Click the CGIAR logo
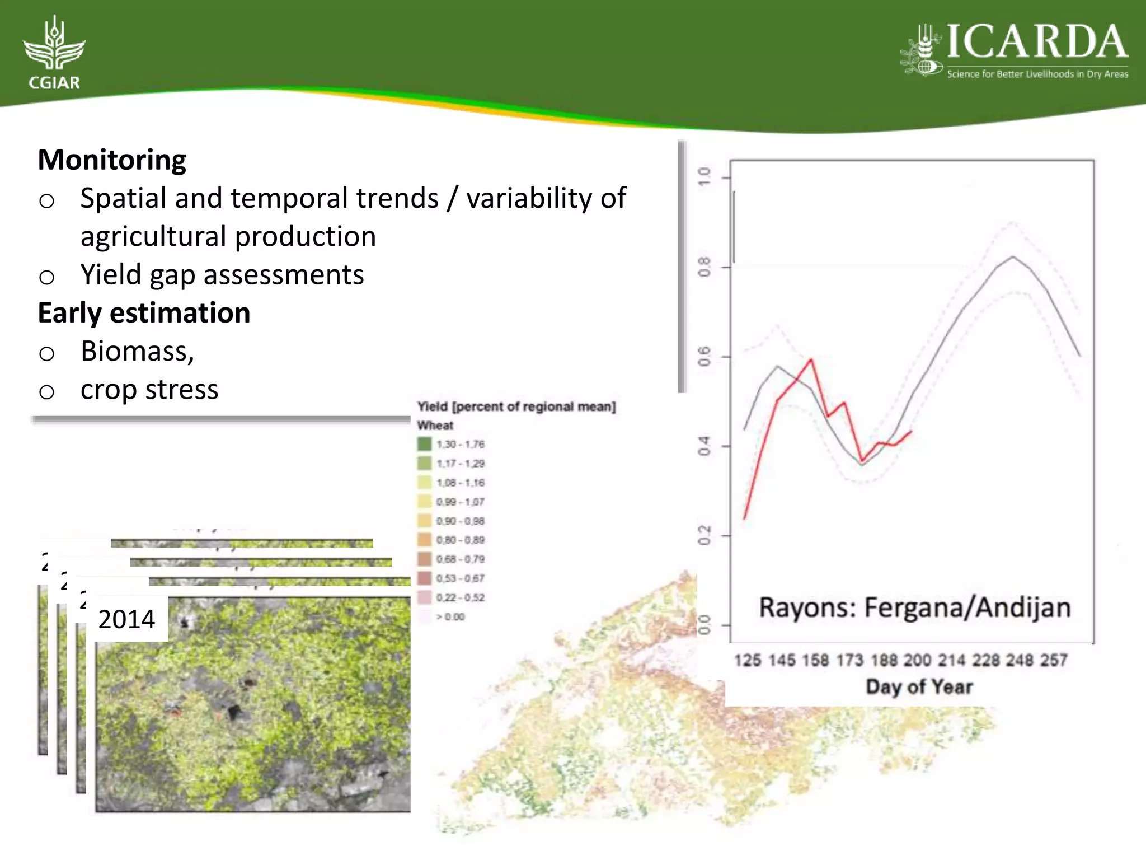(x=54, y=53)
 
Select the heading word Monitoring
(x=112, y=160)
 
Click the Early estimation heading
(x=144, y=313)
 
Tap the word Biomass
(x=137, y=352)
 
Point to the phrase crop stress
(x=149, y=390)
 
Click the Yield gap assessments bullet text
(x=222, y=275)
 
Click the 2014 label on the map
(x=126, y=619)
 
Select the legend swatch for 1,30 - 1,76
(x=424, y=444)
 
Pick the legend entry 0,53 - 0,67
(x=460, y=578)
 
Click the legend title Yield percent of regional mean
(x=516, y=407)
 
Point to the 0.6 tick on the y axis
(x=704, y=357)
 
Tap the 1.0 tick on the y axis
(x=704, y=177)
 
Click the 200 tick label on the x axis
(x=917, y=661)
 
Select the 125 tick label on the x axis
(x=748, y=661)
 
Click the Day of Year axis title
(x=919, y=687)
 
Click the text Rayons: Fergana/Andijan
(x=914, y=608)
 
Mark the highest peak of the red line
(x=811, y=360)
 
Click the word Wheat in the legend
(x=435, y=426)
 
